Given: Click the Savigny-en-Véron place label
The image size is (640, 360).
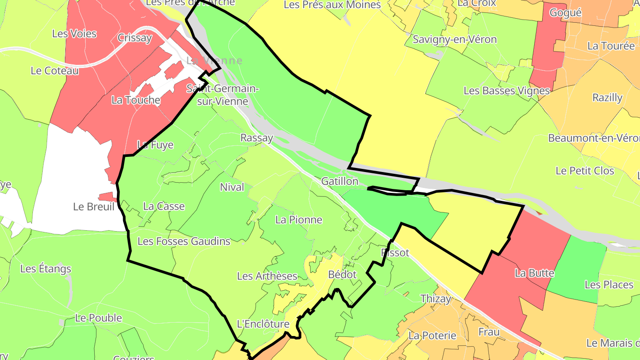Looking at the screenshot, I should coord(455,39).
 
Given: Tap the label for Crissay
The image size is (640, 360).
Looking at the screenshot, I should coord(135,38).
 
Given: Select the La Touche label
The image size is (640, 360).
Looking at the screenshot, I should coord(136,100).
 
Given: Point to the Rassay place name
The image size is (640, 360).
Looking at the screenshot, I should coord(256,138).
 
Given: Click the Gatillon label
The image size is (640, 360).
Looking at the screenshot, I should coord(340,181).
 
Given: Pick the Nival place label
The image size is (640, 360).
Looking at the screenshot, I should coord(232,187).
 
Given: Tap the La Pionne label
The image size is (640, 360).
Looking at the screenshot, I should coord(299,220).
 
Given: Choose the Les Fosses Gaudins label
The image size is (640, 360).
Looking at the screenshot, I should coord(184,241).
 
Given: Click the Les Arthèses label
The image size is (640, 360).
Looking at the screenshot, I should coord(267,276).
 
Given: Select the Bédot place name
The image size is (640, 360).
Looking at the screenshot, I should coord(342,275).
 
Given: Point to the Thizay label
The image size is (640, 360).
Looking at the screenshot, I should coord(436,299).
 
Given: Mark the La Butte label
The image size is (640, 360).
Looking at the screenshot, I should coord(534,273).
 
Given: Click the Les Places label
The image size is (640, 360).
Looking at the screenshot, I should coord(609,284).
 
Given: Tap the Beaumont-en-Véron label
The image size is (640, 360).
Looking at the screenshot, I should coord(594,138).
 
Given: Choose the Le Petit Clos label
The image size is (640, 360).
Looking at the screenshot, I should coord(585,171).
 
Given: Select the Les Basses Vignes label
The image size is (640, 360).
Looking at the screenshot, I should coord(507,91).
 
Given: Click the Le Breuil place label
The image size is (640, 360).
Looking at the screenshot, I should coord(94,207).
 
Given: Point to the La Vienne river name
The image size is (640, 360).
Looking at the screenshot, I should coord(215,60).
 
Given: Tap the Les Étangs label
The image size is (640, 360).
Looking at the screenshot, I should coord(46,269).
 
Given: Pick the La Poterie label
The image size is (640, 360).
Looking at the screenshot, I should coord(432,336).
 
